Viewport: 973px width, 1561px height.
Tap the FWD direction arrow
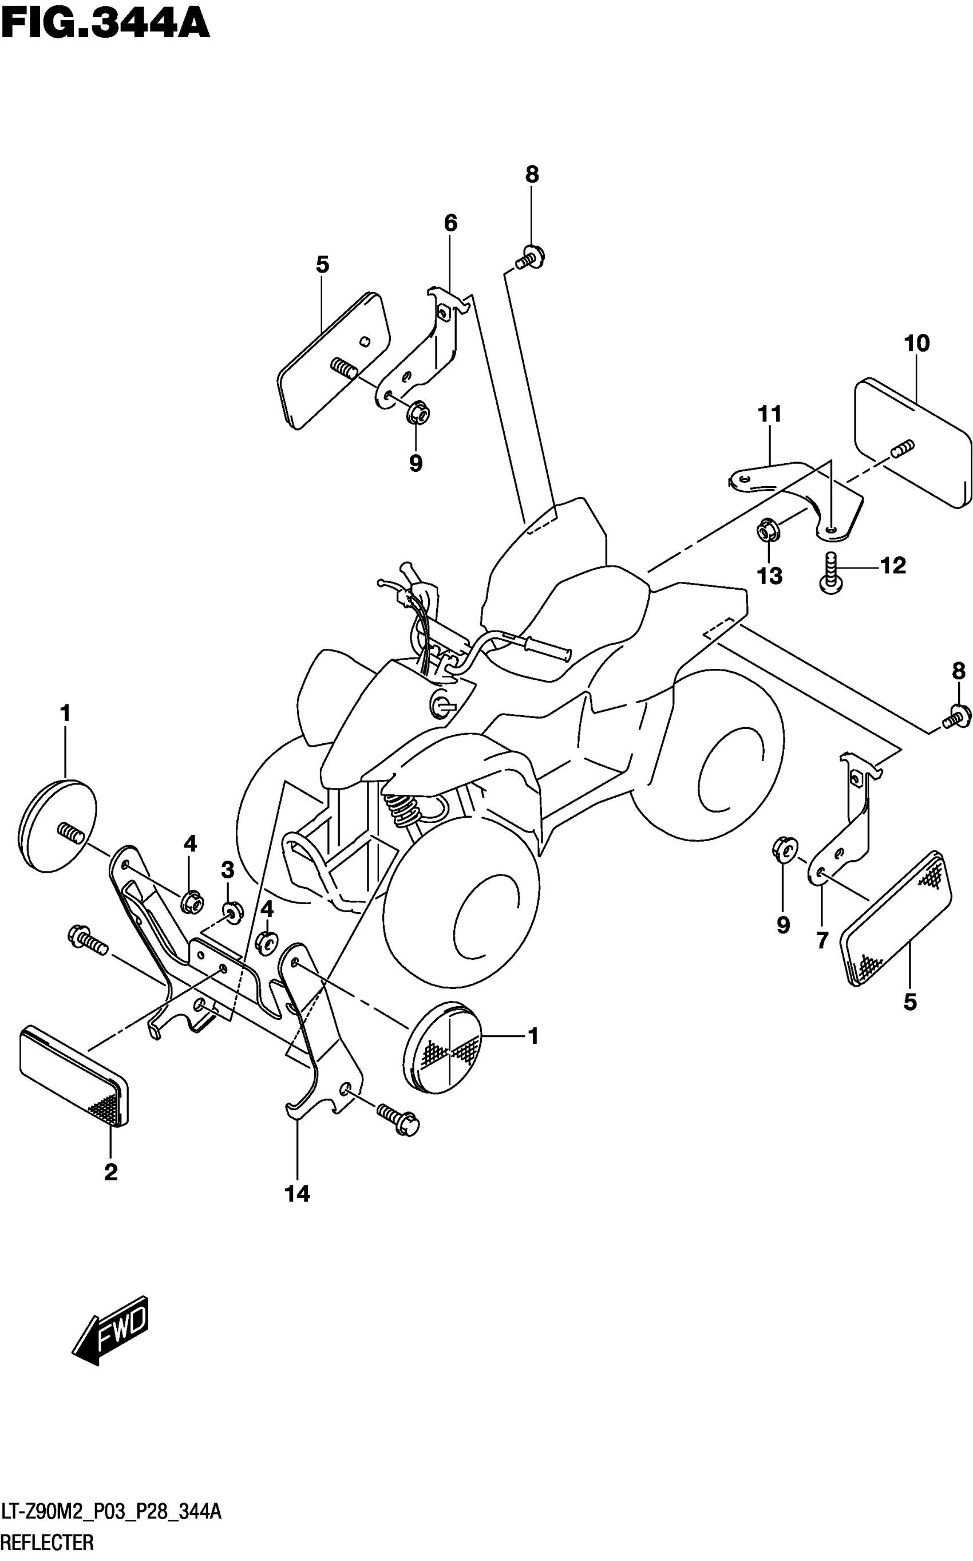click(112, 1329)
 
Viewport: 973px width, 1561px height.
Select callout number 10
click(916, 343)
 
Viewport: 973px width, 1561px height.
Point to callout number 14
click(297, 1194)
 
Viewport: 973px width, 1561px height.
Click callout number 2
click(110, 1172)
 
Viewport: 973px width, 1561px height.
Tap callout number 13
click(770, 575)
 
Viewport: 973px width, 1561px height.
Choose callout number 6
click(450, 223)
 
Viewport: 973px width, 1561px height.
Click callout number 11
click(770, 414)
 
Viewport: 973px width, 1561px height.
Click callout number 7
click(822, 940)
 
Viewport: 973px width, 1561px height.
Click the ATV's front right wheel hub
click(489, 917)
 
